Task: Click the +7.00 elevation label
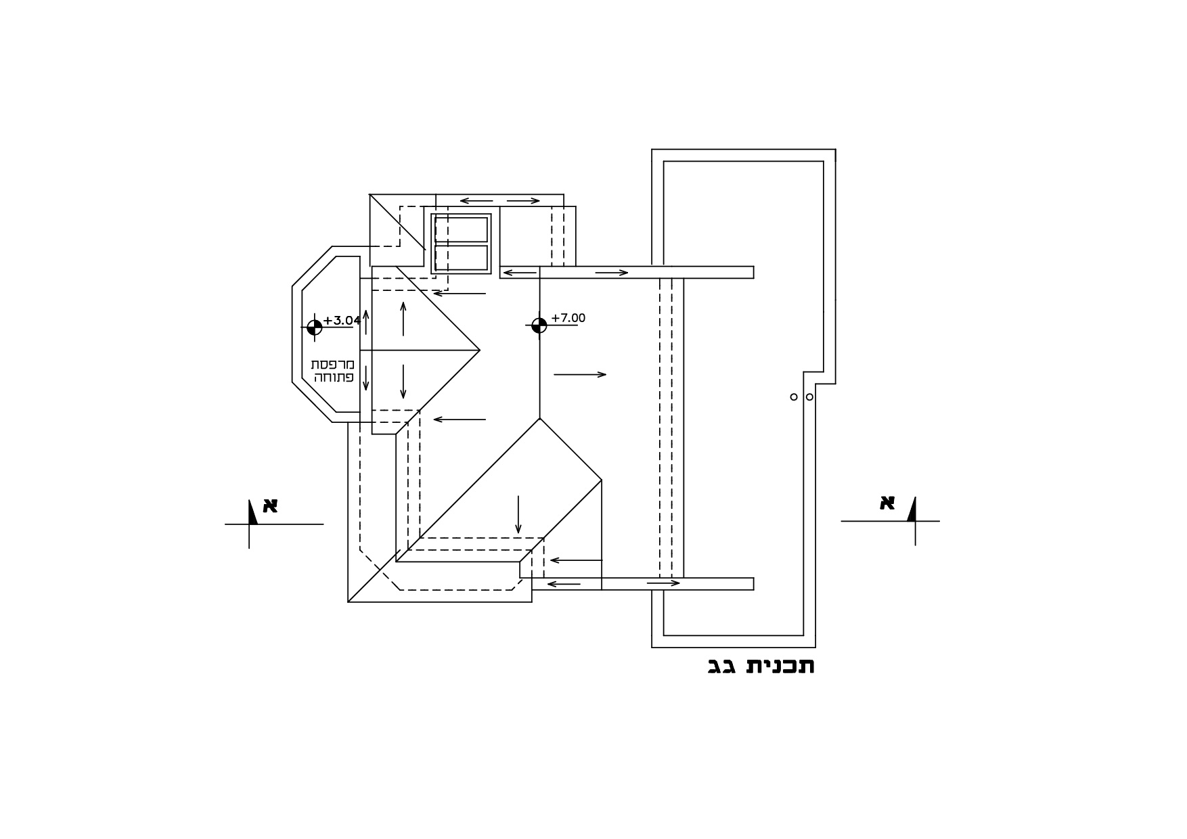pyautogui.click(x=568, y=318)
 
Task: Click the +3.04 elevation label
pyautogui.click(x=342, y=321)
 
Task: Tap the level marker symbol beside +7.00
pyautogui.click(x=539, y=325)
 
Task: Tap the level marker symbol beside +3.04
pyautogui.click(x=315, y=327)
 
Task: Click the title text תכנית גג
pyautogui.click(x=761, y=666)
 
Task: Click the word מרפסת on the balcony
pyautogui.click(x=332, y=365)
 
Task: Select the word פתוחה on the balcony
pyautogui.click(x=334, y=378)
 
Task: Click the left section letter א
pyautogui.click(x=270, y=505)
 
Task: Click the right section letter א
pyautogui.click(x=887, y=503)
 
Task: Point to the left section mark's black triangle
pyautogui.click(x=252, y=514)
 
